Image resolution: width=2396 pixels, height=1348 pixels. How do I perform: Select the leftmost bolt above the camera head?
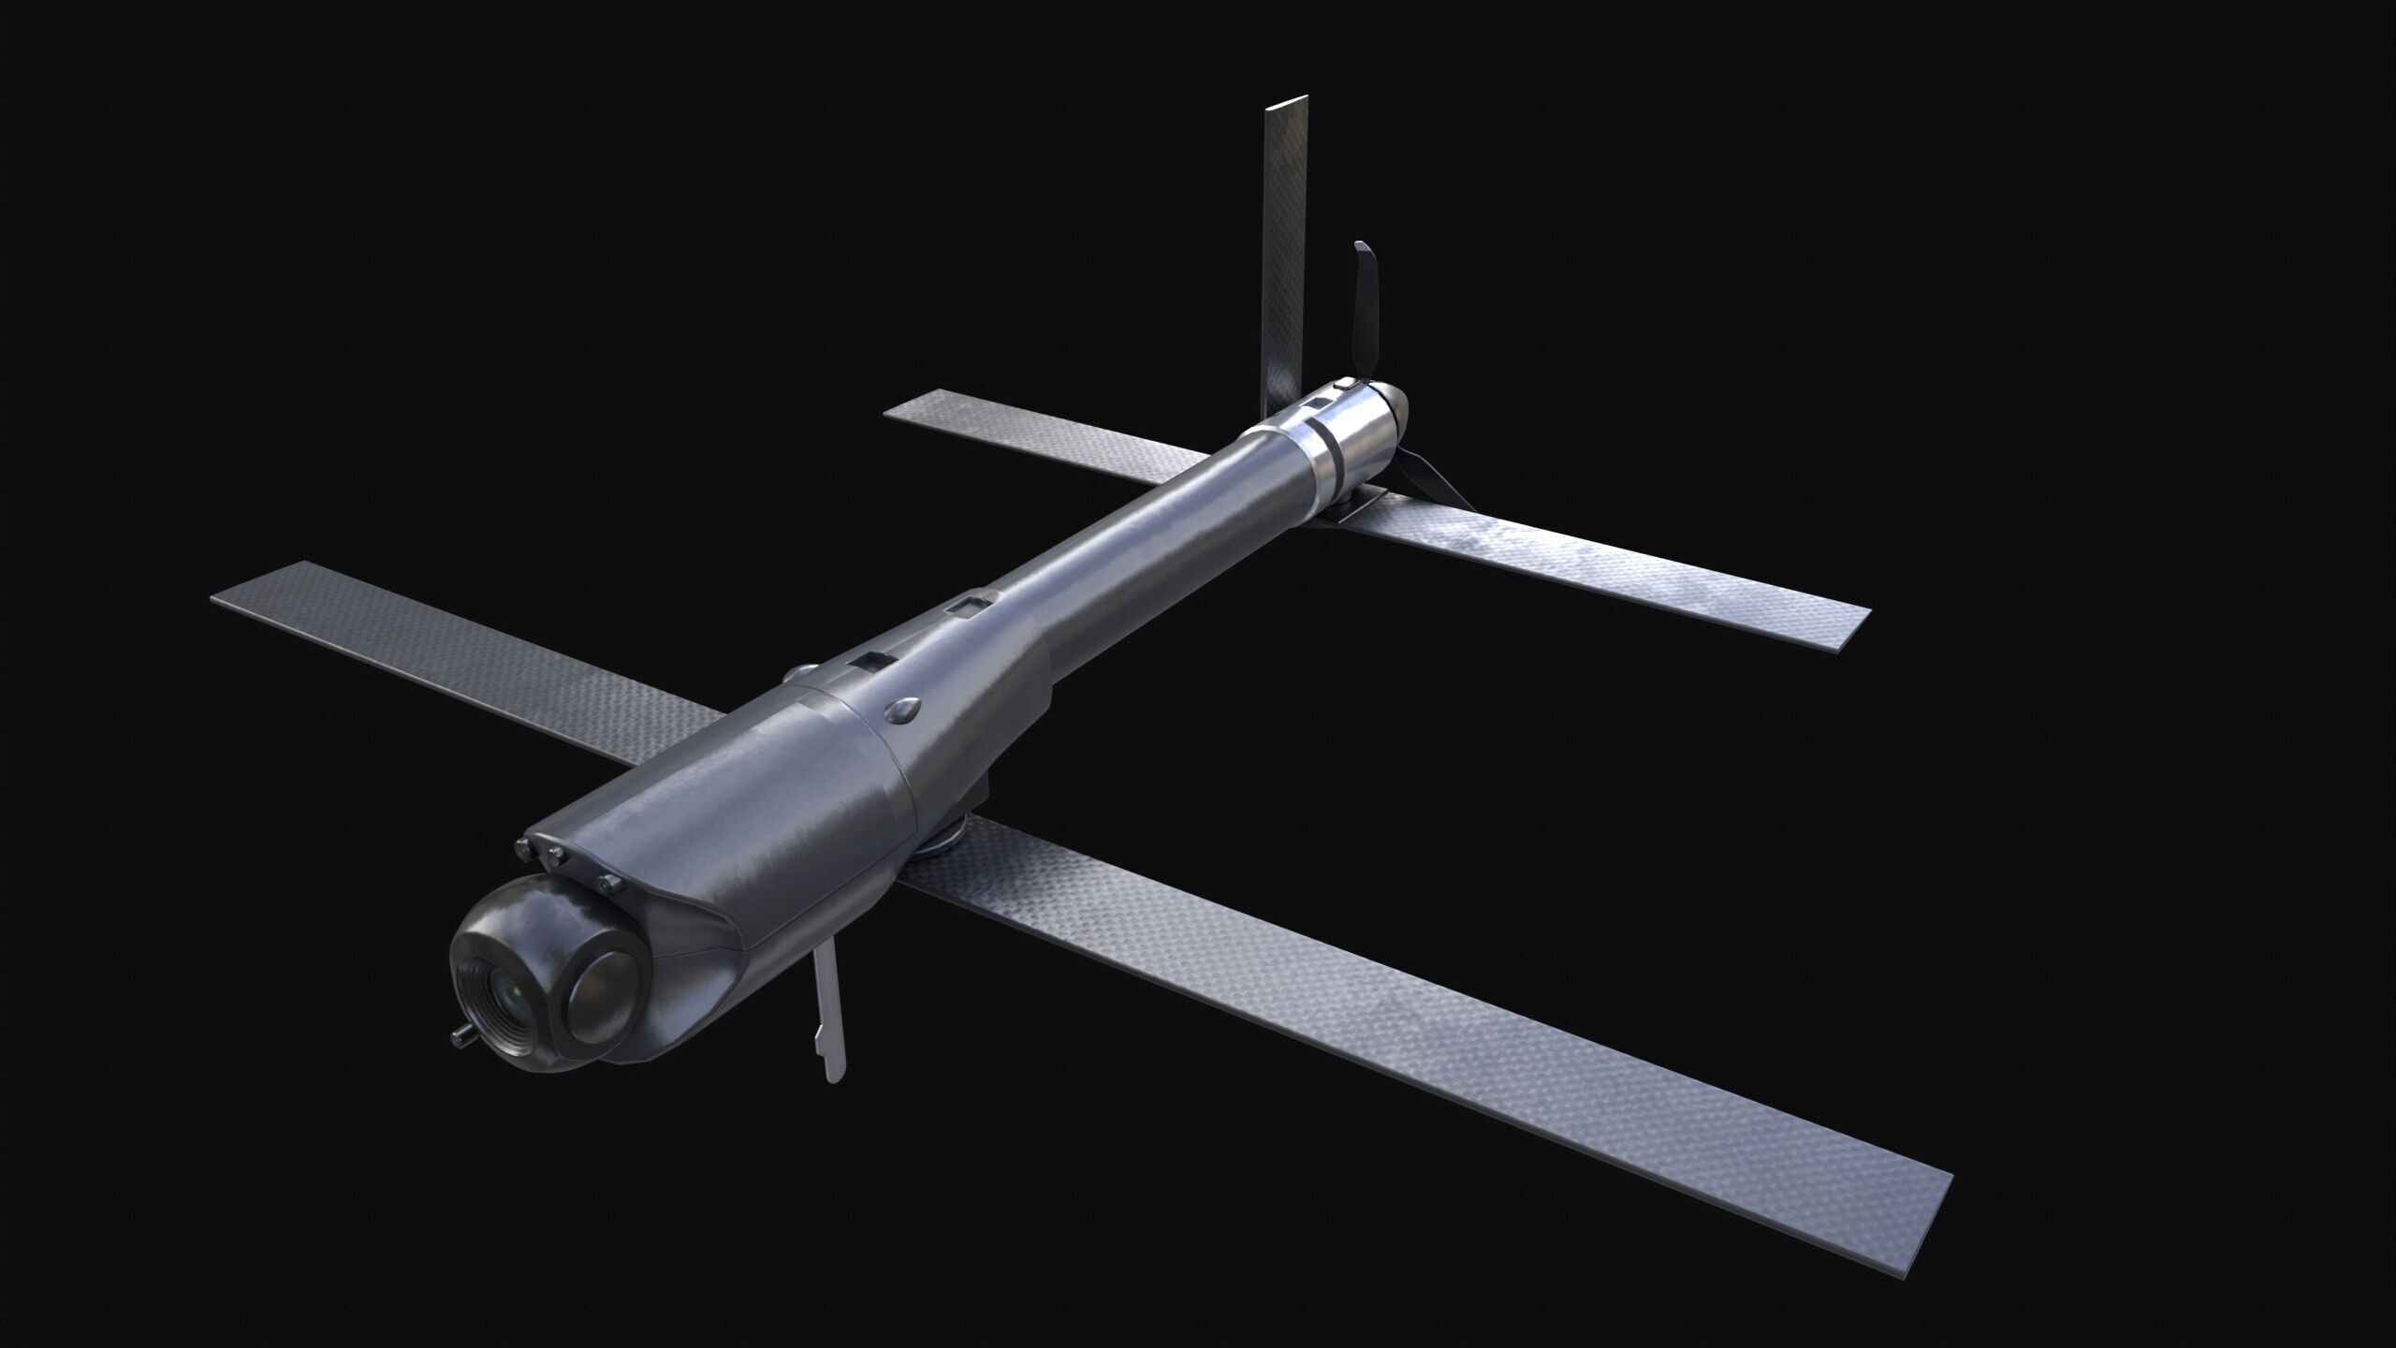point(520,847)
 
